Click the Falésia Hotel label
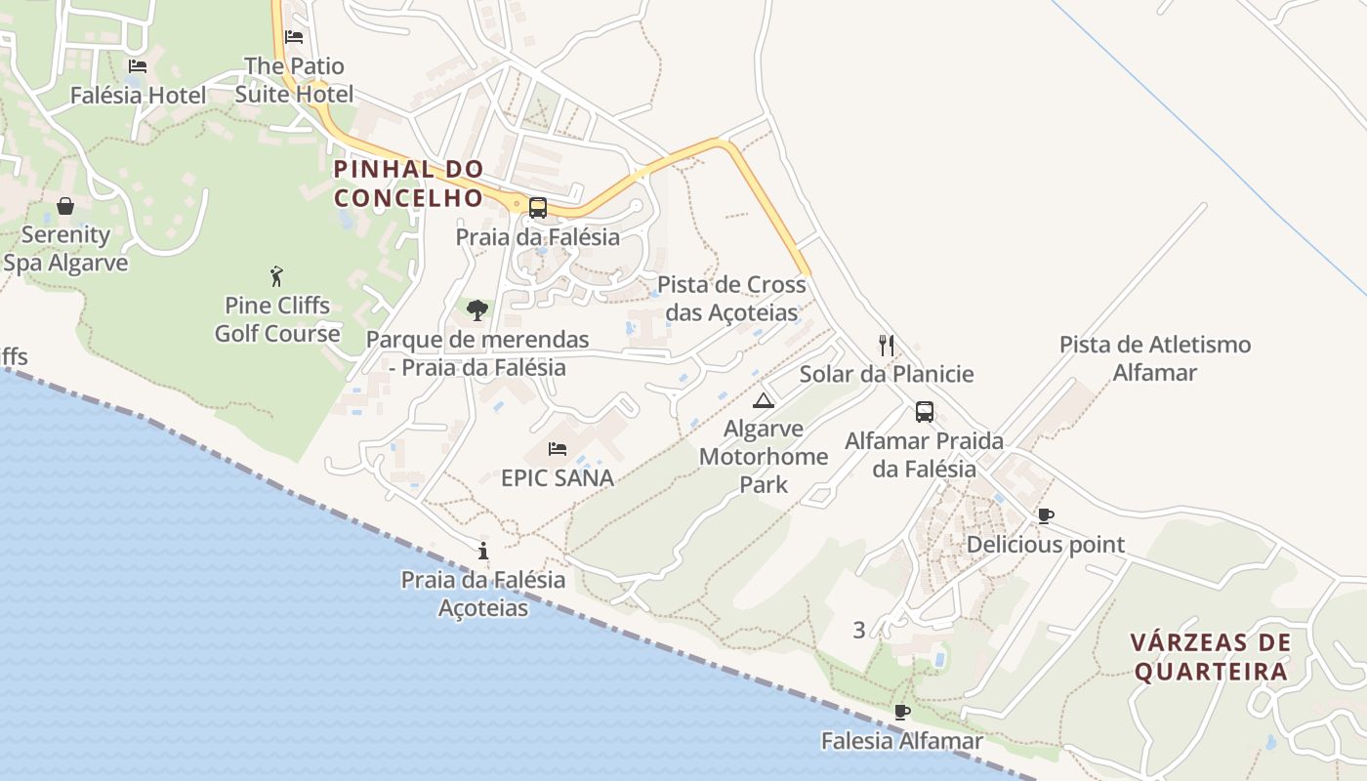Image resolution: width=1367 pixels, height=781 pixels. click(x=138, y=96)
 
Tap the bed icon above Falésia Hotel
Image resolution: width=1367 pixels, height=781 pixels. click(x=138, y=66)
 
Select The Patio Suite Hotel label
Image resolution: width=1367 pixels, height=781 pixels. click(x=294, y=80)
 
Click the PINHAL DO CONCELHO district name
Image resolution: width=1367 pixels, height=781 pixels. click(x=409, y=183)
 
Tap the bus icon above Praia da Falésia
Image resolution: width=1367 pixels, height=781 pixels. click(x=537, y=207)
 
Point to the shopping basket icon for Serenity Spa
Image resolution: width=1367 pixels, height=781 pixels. click(x=65, y=206)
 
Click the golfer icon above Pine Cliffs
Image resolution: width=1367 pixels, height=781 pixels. click(x=276, y=276)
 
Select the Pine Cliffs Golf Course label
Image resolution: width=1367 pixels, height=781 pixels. click(x=277, y=319)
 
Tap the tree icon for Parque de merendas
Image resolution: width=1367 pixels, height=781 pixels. click(x=477, y=310)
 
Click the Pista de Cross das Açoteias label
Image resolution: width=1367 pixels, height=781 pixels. click(x=731, y=298)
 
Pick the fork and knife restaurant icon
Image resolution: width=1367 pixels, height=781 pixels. click(x=887, y=345)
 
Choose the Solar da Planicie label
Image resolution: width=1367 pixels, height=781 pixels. click(x=887, y=374)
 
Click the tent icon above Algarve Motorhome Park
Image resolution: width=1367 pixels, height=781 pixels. click(x=763, y=400)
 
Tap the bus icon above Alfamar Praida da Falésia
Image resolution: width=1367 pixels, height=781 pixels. click(x=924, y=412)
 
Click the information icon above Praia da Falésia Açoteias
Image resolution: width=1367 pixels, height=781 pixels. click(x=483, y=551)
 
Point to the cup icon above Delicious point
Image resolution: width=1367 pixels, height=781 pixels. click(x=1046, y=515)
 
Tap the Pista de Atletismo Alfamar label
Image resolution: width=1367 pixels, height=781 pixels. click(x=1155, y=358)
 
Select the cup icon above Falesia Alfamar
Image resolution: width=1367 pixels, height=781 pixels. click(x=901, y=712)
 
